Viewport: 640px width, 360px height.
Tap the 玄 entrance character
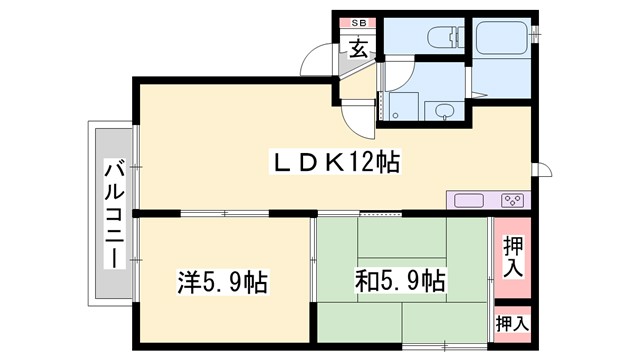(357, 46)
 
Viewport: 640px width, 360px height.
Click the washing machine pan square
(404, 106)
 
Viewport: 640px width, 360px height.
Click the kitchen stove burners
(514, 200)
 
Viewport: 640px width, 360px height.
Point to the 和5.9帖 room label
(400, 282)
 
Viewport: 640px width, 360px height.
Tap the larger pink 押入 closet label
(512, 256)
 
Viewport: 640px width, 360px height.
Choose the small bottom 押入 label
(512, 323)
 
